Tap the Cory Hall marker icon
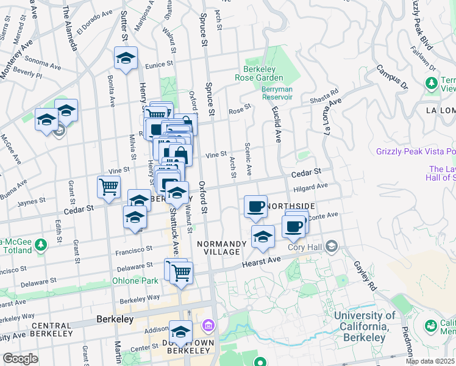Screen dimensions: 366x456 coord(332,246)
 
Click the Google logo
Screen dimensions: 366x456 coord(21,359)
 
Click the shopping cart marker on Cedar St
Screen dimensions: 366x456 coord(109,187)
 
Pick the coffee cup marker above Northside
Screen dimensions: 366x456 coord(256,206)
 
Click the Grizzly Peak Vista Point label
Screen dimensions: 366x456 coord(416,151)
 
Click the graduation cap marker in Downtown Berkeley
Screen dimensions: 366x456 coord(180,332)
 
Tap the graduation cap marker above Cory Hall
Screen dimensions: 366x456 coord(263,237)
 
